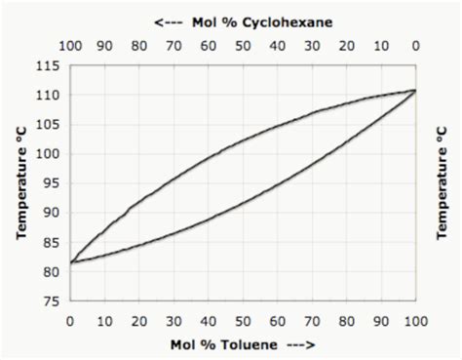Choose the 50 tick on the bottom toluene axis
(x=243, y=321)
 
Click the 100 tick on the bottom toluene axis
(x=415, y=321)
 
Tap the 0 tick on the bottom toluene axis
(x=70, y=321)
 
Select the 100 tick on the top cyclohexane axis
(x=70, y=45)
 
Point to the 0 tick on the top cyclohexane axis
(x=415, y=45)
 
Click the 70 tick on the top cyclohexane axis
(x=173, y=45)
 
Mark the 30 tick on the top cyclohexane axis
(x=312, y=45)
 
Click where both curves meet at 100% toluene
(x=415, y=90)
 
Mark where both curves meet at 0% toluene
(x=70, y=262)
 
